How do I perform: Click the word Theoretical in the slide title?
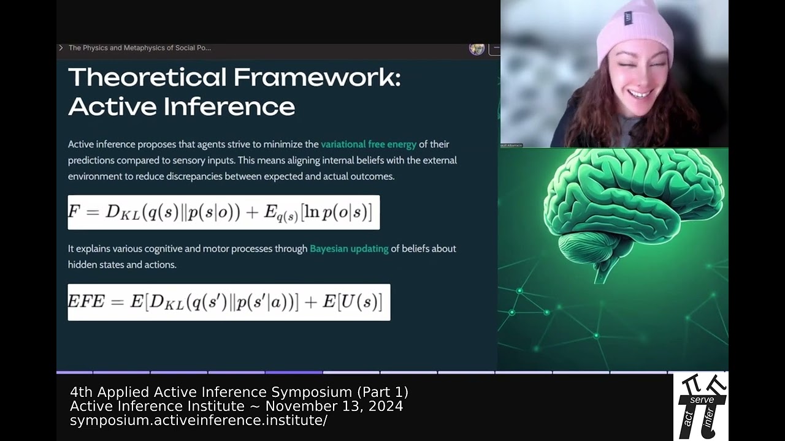click(147, 78)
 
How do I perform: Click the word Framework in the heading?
click(316, 78)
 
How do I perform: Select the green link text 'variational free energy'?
click(369, 145)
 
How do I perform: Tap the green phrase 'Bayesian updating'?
click(349, 249)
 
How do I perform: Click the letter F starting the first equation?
click(74, 212)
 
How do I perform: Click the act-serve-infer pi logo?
click(701, 405)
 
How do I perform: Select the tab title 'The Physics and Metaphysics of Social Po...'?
click(140, 48)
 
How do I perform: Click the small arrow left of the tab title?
click(61, 48)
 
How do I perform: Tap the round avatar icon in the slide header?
click(477, 48)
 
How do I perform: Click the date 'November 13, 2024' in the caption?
click(334, 406)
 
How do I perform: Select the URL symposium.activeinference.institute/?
click(198, 420)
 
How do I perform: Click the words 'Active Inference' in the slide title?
click(182, 107)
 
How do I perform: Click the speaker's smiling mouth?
click(639, 94)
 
